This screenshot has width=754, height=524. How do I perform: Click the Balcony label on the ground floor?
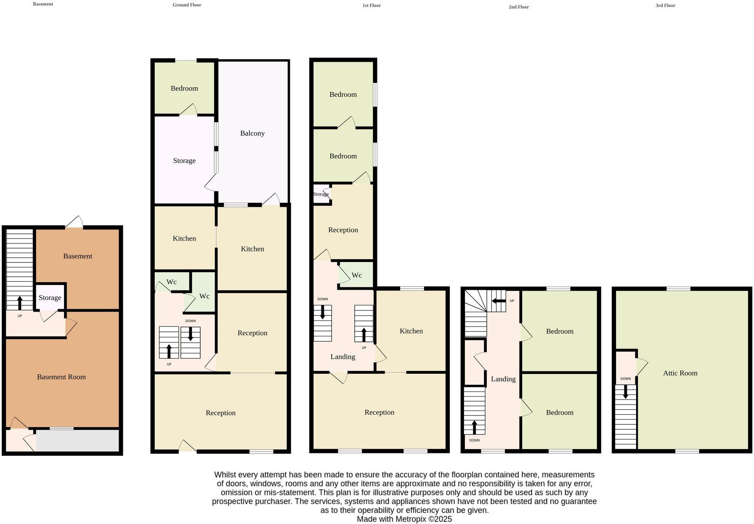coord(252,133)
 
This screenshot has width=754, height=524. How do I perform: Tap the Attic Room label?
coord(680,373)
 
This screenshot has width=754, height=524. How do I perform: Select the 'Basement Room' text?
coord(61,377)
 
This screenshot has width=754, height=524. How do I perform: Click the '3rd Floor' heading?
coord(665,5)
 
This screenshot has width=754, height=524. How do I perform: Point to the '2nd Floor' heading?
coord(518,7)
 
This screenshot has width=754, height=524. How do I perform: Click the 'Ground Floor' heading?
coord(187,5)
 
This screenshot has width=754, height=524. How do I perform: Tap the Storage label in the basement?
coord(50,298)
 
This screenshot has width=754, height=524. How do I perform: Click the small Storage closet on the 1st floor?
coord(321,194)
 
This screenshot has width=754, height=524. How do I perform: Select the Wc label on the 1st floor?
coord(356,275)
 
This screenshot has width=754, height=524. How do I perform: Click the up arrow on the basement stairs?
coord(20,303)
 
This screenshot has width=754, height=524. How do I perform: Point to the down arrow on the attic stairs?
coord(625,392)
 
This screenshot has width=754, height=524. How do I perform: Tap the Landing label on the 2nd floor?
coord(503,379)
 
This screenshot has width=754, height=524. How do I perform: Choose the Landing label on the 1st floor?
coord(342,357)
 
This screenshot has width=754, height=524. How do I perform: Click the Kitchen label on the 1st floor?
coord(411,331)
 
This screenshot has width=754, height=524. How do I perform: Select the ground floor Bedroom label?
coord(184,88)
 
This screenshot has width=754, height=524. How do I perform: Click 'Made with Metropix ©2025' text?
coord(404,519)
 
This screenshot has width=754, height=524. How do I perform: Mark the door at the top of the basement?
coord(74,222)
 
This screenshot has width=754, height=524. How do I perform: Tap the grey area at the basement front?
coord(77,440)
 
